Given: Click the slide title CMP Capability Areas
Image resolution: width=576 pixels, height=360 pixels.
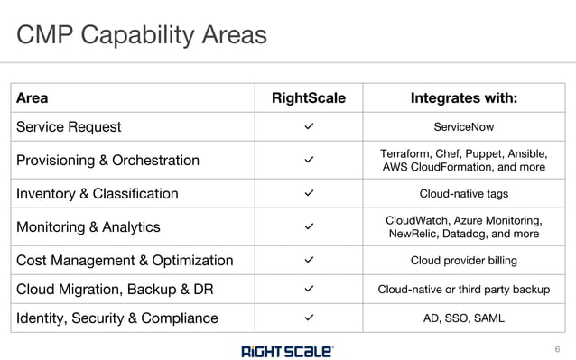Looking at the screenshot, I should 142,35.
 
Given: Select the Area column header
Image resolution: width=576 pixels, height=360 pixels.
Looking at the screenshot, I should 33,97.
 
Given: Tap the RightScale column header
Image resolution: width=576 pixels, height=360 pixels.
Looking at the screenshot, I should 308,97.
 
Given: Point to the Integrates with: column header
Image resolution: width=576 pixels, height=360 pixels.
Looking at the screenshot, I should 464,97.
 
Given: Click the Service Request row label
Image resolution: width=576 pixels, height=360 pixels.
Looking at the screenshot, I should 69,127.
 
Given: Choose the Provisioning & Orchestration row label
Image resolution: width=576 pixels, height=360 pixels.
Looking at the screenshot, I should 107,161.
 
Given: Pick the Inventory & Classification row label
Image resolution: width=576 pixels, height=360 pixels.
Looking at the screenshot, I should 98,193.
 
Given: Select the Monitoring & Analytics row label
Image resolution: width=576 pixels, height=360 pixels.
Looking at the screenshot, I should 88,226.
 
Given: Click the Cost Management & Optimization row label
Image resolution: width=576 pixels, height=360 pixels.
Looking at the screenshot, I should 125,260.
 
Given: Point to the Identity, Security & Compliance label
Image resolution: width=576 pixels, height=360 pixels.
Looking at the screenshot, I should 117,318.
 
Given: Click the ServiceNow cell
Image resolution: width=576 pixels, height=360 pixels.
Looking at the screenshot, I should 464,127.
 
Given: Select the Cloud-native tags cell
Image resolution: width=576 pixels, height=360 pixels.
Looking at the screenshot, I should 464,193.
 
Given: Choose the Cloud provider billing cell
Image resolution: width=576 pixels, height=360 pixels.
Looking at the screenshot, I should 464,260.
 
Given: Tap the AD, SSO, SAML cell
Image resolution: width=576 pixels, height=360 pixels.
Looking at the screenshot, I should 464,318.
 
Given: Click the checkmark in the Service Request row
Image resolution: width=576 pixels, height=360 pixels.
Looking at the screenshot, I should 309,127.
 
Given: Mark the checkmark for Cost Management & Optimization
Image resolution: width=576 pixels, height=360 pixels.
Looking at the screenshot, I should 309,260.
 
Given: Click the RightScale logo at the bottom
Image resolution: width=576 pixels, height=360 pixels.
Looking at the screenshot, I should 287,350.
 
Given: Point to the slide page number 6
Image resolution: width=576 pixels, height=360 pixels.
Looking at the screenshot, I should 557,349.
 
